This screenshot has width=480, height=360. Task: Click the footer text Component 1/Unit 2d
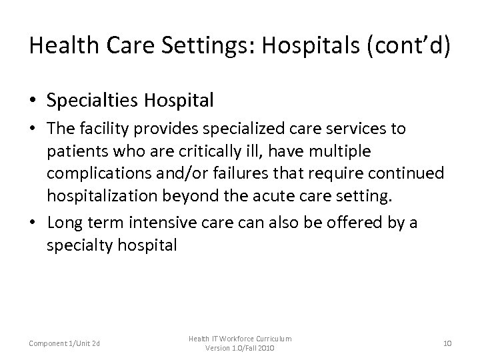64,343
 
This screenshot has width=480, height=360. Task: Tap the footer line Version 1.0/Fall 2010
240,349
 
